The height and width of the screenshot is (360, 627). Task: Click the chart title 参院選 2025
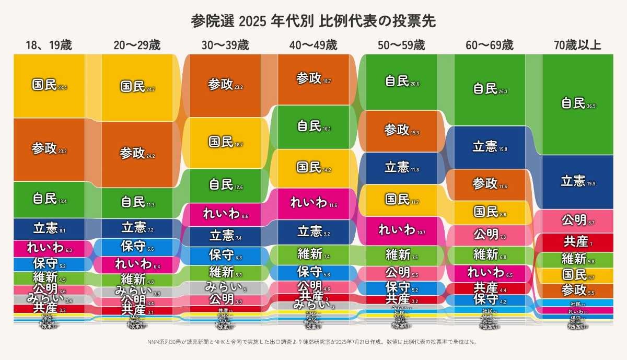tap(313, 21)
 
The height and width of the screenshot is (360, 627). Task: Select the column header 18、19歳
tap(49, 45)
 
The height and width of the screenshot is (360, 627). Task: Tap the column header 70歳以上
tap(577, 45)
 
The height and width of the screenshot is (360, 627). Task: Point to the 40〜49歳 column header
tap(313, 45)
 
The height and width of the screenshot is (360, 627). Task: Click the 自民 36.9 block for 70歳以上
tap(577, 104)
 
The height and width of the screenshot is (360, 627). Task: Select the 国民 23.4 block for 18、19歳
tap(49, 86)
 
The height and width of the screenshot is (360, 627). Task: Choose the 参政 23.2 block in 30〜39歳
tap(225, 85)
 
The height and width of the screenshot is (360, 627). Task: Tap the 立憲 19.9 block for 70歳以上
tap(577, 181)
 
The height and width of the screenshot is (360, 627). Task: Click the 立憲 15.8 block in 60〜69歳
tap(490, 147)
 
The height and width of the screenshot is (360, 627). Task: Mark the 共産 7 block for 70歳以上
tap(577, 242)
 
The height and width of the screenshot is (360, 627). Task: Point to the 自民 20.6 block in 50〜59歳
tap(401, 82)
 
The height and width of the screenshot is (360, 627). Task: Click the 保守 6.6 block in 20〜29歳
tap(137, 247)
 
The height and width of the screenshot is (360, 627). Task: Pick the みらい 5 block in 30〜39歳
tap(225, 287)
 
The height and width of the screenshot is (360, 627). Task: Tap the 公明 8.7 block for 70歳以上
tap(577, 220)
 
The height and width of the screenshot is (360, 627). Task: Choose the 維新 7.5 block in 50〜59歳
tap(401, 255)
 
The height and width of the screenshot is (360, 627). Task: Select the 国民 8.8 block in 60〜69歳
tap(490, 212)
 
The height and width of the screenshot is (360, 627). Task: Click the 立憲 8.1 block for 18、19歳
tap(49, 228)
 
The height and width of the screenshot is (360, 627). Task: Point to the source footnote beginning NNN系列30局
tap(313, 342)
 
